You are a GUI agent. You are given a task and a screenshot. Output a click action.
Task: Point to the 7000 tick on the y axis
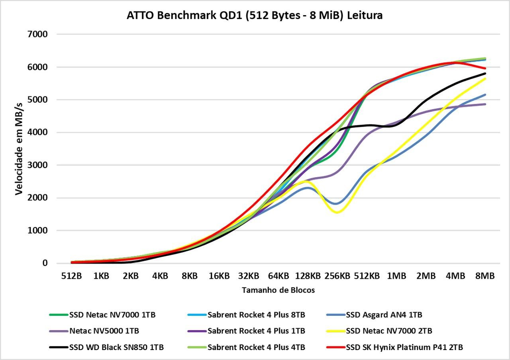tap(37, 34)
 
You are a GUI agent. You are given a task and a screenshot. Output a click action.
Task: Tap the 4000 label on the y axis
tap(37, 132)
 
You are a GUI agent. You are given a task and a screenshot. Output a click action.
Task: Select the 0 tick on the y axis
tap(45, 263)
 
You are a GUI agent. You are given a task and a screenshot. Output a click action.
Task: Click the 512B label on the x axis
tap(71, 276)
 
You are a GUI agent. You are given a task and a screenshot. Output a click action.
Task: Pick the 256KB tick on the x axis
tap(337, 276)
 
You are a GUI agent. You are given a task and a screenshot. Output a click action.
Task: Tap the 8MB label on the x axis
tap(485, 276)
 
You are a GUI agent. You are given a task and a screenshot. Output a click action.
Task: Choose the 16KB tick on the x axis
tap(219, 276)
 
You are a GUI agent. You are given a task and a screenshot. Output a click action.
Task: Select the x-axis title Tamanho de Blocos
tap(278, 290)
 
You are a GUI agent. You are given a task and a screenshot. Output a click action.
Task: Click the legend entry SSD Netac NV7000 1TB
tap(102, 315)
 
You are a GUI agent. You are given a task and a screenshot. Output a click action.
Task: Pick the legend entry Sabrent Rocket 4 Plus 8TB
tap(246, 315)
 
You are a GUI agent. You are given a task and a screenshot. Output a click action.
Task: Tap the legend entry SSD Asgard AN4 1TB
tap(374, 315)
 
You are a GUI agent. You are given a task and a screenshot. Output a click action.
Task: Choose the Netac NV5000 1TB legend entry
tap(94, 331)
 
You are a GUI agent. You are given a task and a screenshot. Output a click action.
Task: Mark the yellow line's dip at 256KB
tap(337, 213)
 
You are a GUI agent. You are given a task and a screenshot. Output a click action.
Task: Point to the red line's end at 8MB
tap(485, 68)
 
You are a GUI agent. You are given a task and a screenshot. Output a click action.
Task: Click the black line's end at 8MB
tap(485, 73)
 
